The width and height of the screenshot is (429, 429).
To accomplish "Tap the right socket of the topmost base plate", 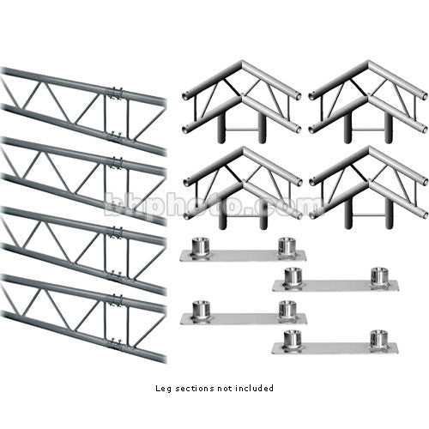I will pyautogui.click(x=286, y=245).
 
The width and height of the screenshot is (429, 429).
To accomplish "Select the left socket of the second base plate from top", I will pyautogui.click(x=292, y=276).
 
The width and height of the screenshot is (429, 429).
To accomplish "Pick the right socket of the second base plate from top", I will pyautogui.click(x=378, y=276).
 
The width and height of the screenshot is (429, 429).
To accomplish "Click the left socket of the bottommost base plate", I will pyautogui.click(x=292, y=339).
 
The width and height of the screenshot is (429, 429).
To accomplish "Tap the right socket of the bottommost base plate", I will pyautogui.click(x=378, y=339).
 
